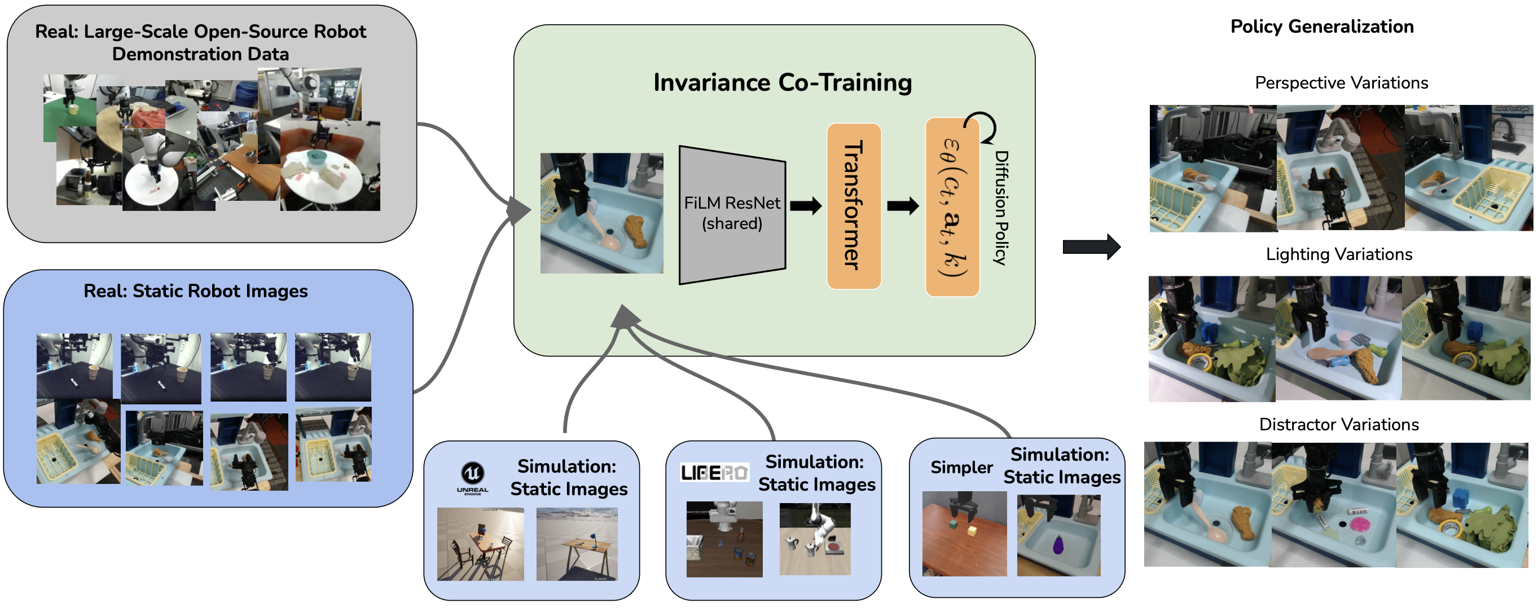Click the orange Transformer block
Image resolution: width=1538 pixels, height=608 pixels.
(854, 206)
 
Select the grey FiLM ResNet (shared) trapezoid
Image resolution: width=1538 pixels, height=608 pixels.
(732, 214)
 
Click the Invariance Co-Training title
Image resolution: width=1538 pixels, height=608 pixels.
(782, 82)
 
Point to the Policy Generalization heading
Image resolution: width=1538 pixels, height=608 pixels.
(1322, 27)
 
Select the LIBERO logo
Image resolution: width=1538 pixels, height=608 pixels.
(714, 473)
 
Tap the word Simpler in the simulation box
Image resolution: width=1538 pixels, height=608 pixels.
(961, 467)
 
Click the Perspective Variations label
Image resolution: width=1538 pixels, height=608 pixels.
(1341, 83)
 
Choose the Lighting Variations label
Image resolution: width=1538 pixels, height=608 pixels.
(1339, 254)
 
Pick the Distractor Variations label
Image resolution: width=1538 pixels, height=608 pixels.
(1339, 424)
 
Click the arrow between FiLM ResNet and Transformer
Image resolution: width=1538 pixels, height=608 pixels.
(806, 206)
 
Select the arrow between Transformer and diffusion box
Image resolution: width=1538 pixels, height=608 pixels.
(903, 206)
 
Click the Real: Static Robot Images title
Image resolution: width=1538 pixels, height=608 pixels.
(195, 291)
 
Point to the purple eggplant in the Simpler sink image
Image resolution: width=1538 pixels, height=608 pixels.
(1058, 545)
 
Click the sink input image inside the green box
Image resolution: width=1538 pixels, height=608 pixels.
(601, 213)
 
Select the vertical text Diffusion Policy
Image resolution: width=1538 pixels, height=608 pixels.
(1001, 208)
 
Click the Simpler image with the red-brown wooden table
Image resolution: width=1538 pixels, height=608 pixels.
(964, 534)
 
